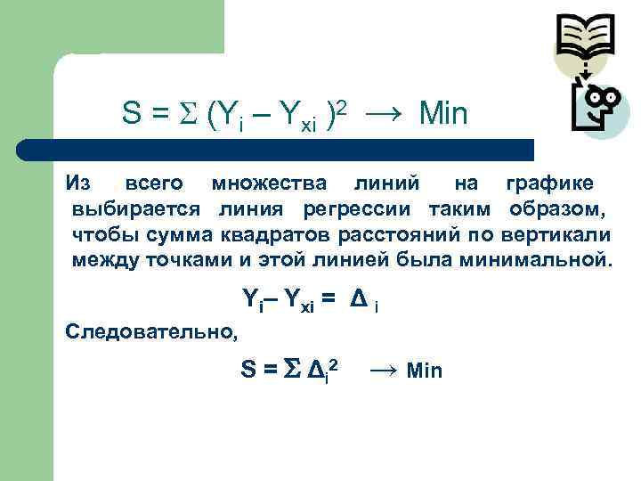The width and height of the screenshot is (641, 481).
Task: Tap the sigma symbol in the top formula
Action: pos(188,114)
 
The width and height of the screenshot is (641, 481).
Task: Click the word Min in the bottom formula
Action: pos(424,371)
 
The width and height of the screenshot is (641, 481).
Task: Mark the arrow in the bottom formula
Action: pos(384,370)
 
